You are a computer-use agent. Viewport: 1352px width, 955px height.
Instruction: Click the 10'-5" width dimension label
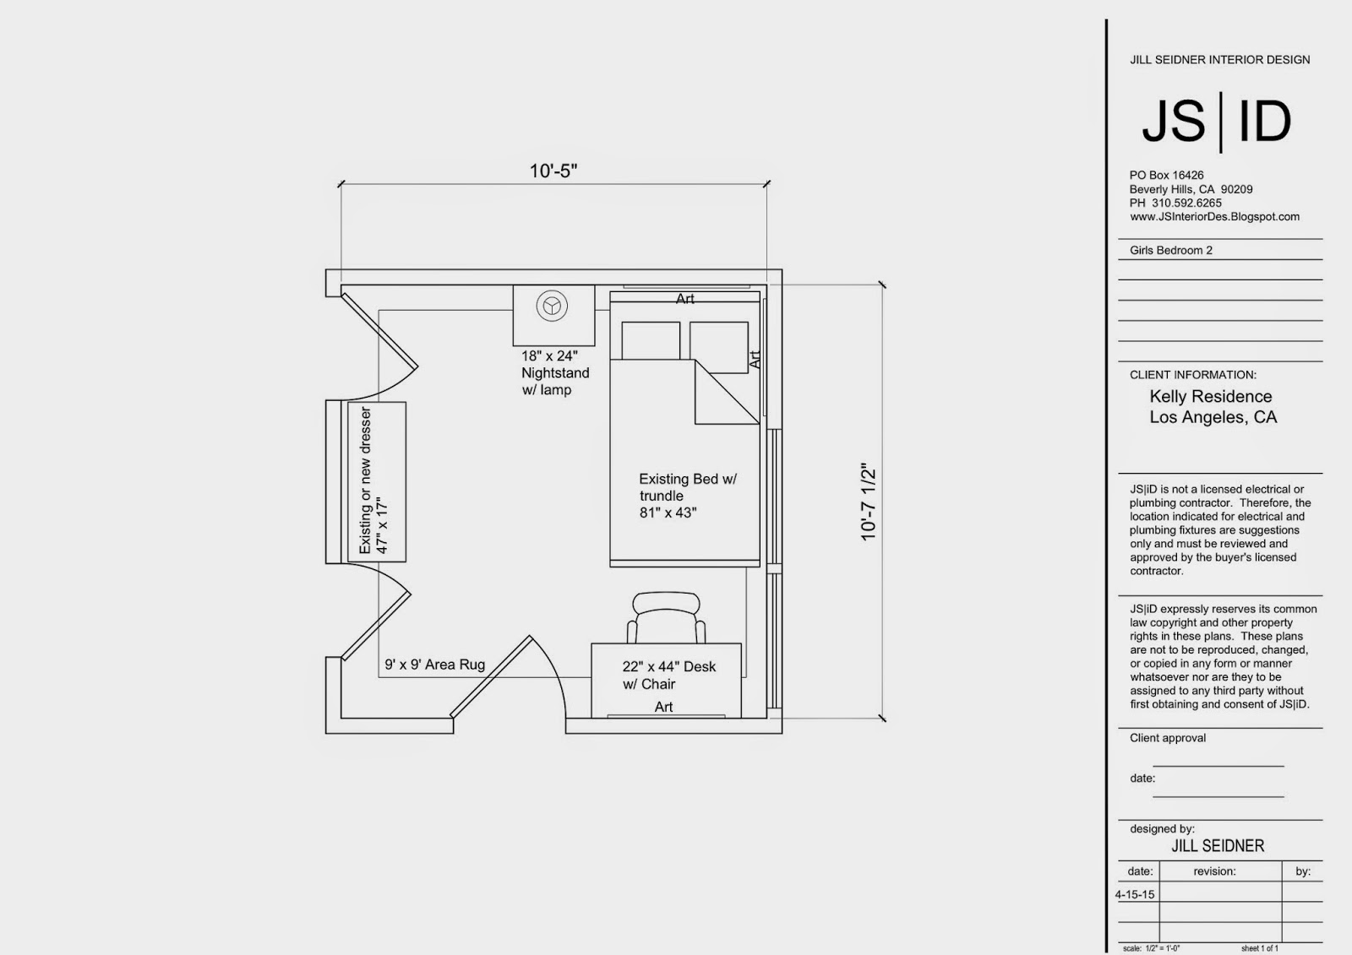[x=553, y=171]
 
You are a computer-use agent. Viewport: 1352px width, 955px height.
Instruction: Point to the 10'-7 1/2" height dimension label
[x=868, y=502]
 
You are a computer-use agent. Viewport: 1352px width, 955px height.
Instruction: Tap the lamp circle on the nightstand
[x=552, y=306]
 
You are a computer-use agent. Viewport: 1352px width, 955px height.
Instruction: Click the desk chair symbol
[x=667, y=617]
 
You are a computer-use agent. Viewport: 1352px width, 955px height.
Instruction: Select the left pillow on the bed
[x=651, y=340]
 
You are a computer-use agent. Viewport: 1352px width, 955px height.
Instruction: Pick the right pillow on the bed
[x=719, y=347]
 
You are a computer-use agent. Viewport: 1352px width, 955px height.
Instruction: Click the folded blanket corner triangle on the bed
[x=727, y=392]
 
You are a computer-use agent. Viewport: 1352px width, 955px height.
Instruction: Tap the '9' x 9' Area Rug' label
[x=434, y=665]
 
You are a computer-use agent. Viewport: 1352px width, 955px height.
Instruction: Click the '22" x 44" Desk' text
[x=668, y=666]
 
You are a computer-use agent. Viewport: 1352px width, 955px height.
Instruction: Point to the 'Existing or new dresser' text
[x=365, y=480]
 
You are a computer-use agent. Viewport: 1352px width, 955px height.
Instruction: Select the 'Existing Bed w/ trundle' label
[x=688, y=487]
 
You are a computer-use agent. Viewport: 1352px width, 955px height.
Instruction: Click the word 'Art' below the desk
[x=663, y=707]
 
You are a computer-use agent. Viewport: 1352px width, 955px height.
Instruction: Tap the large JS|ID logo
[x=1216, y=122]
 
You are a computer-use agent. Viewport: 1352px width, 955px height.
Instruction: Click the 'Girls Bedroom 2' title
[x=1171, y=250]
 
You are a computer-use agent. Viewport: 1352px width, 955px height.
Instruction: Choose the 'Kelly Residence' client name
[x=1210, y=396]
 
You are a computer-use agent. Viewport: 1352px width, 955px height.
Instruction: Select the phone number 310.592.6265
[x=1186, y=203]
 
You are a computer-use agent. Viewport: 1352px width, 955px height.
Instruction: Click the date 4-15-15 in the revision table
[x=1135, y=894]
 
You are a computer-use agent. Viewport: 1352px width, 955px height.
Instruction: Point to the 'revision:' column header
[x=1214, y=871]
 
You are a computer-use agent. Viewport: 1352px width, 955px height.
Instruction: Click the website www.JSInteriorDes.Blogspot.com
[x=1214, y=216]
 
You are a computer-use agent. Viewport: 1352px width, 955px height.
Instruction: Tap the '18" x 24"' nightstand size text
[x=549, y=356]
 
